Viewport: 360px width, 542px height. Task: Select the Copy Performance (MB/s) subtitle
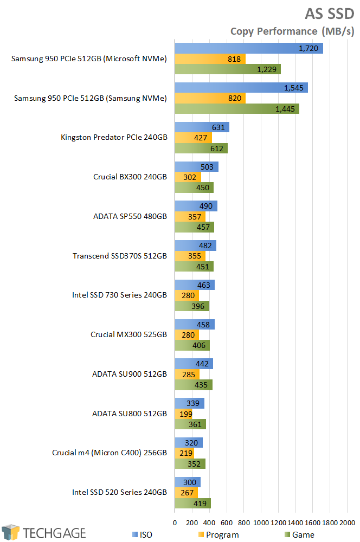tap(292, 31)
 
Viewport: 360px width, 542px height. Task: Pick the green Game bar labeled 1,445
tap(236, 109)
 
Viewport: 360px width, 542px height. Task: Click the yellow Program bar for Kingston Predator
tap(193, 138)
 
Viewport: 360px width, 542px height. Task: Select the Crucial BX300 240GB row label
tap(130, 177)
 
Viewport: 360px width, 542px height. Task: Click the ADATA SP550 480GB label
tap(130, 216)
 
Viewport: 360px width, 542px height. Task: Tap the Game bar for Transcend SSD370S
tap(194, 266)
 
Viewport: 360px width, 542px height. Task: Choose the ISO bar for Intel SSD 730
tap(194, 285)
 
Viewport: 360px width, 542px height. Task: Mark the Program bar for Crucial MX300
tap(187, 335)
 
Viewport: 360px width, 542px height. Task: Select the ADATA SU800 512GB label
tap(130, 414)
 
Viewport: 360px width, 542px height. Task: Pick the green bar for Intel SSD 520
tap(192, 503)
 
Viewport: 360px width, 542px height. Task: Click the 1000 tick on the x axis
tap(261, 522)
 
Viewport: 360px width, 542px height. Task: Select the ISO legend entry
tap(142, 535)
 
